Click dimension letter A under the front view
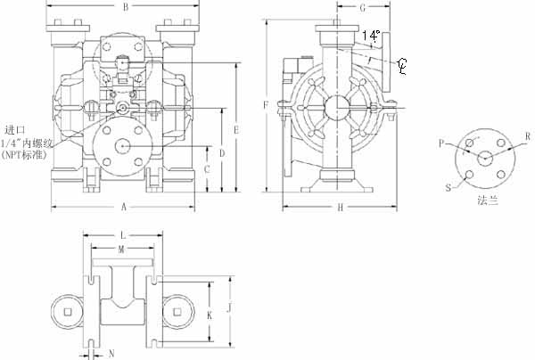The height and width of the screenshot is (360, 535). coord(122,207)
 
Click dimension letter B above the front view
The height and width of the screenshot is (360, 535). coord(126,8)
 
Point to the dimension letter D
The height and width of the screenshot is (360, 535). coord(221,152)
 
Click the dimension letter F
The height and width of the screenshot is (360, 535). coord(266,106)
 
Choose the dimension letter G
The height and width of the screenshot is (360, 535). coord(364,8)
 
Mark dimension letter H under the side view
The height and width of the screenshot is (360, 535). coord(340,208)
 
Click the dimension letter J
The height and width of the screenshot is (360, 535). coord(229,308)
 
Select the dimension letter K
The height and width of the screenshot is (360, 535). coord(209,315)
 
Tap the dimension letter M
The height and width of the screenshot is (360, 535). coord(121,250)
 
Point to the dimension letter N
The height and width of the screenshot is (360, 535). coord(111,354)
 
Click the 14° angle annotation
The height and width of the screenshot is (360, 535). coord(373,35)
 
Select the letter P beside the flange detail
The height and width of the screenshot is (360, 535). coord(440,142)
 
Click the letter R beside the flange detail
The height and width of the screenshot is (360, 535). coord(528,136)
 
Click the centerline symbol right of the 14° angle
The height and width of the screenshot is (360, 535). coord(402,64)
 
